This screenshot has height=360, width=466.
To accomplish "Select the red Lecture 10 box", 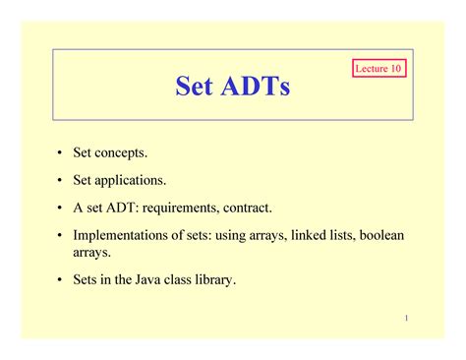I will pos(379,70).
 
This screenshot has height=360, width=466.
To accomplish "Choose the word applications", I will pos(130,181).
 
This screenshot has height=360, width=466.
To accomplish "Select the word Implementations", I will pos(119,236).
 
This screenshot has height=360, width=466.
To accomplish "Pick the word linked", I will pos(304,236).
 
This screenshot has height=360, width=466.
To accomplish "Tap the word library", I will pos(213,280).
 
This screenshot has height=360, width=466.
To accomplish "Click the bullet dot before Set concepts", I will pos(59,153).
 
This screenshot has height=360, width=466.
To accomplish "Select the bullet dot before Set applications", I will pos(59,181).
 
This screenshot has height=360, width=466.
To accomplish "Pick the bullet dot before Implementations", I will pos(59,236).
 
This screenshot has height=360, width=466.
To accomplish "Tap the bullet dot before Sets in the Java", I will pos(59,280).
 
